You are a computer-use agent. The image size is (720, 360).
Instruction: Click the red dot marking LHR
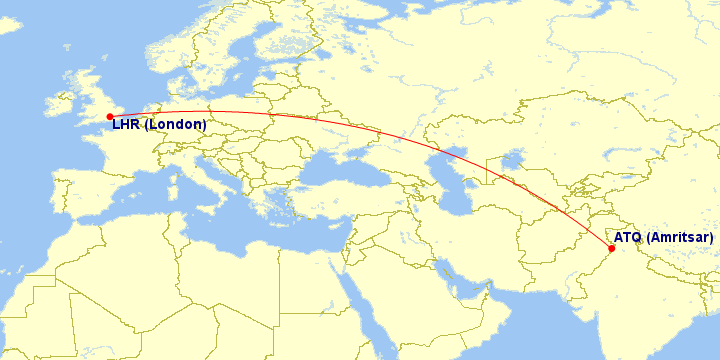(109, 116)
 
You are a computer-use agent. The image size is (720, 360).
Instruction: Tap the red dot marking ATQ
(611, 249)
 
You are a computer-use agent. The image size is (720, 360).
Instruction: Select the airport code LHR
(126, 125)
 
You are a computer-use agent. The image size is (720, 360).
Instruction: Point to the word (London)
(175, 125)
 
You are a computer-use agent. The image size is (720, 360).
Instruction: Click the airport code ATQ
(628, 238)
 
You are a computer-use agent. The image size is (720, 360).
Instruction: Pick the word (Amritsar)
(680, 238)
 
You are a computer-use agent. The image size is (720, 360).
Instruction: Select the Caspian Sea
(450, 180)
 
